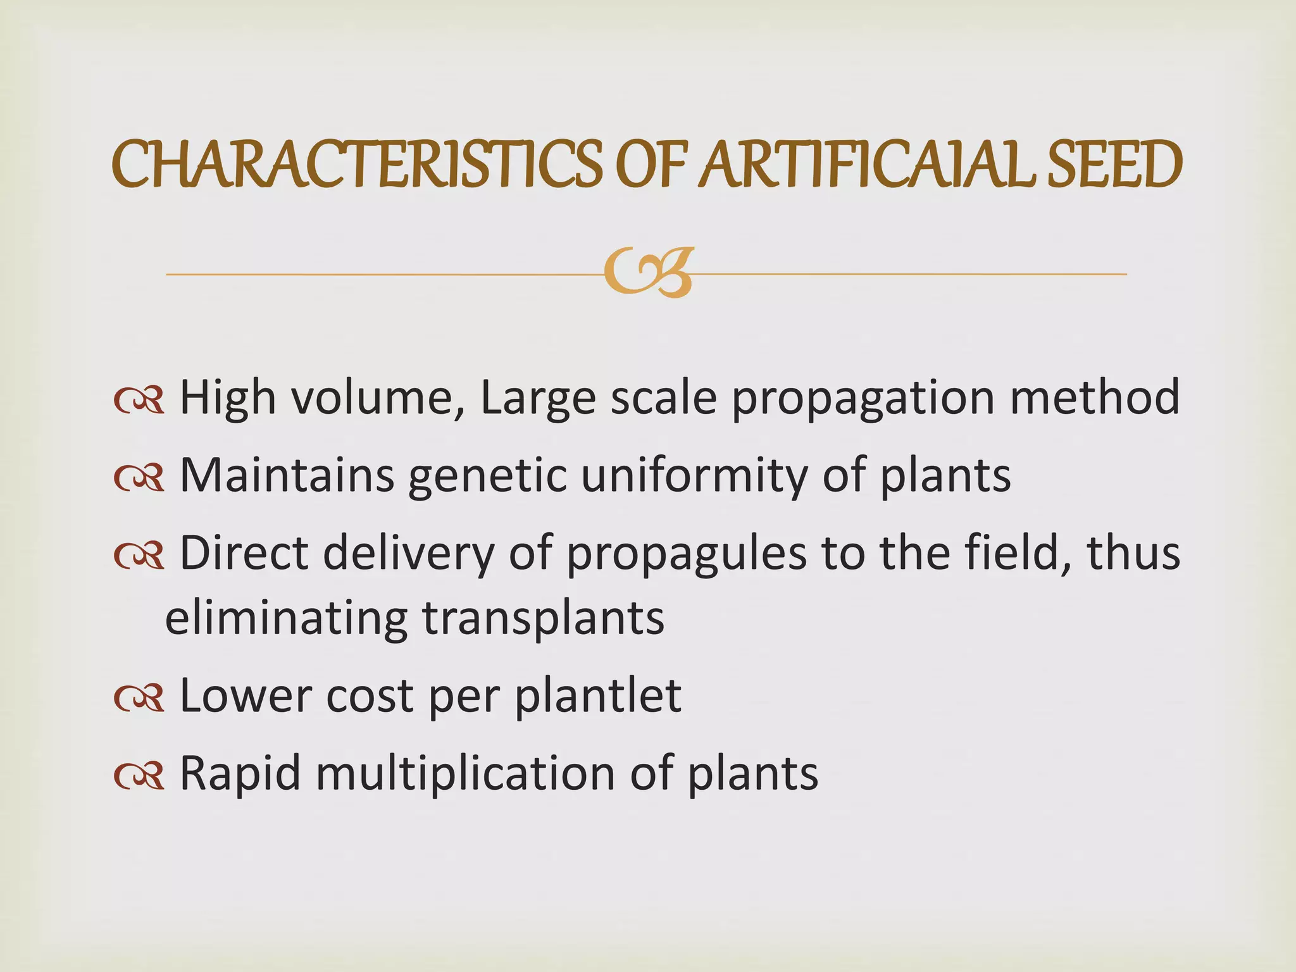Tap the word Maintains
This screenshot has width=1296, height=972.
point(287,475)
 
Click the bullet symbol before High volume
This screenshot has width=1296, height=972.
point(139,401)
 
